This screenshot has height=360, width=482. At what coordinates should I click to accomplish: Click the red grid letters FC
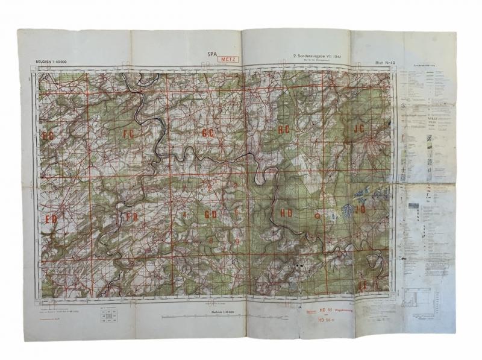click(128, 133)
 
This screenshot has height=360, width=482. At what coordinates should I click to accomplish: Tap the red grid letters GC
click(208, 133)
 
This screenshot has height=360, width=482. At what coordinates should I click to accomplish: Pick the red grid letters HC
click(284, 130)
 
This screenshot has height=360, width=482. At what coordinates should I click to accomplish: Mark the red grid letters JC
click(360, 128)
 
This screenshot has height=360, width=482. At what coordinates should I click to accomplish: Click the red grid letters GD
click(210, 214)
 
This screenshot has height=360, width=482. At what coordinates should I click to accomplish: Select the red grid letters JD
click(360, 210)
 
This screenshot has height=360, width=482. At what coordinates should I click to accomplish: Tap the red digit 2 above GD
click(209, 189)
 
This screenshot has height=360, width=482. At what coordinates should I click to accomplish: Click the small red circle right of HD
click(317, 215)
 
